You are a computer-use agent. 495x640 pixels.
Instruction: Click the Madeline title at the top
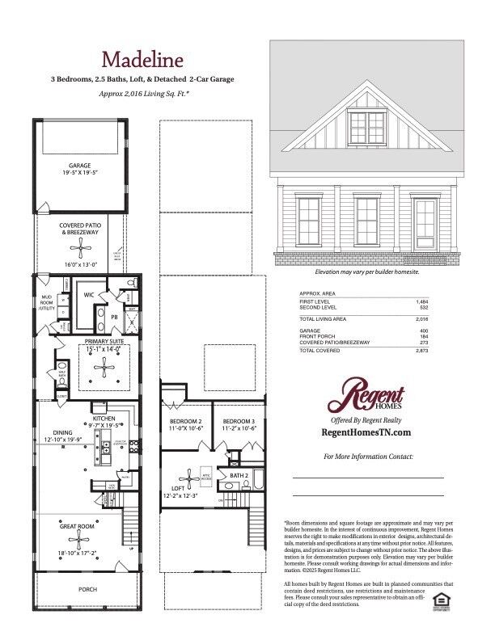142,59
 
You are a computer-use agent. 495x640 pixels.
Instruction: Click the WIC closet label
90,295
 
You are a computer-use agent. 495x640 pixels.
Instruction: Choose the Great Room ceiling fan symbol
79,539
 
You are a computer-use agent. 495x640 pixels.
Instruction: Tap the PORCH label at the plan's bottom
87,589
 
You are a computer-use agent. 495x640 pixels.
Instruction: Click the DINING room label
63,433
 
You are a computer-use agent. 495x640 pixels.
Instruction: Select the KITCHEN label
104,419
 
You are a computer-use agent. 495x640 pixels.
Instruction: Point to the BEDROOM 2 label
185,422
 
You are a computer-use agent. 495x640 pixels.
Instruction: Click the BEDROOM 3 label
239,422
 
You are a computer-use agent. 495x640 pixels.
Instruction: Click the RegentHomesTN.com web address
366,433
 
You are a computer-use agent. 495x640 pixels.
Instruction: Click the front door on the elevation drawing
425,224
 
